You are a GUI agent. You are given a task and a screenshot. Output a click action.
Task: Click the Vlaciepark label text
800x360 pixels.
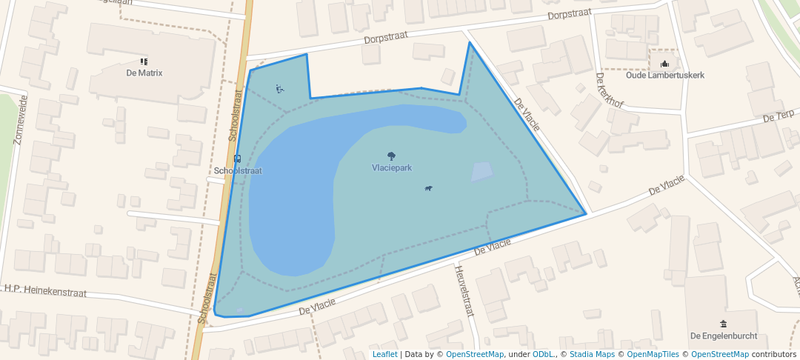(391, 168)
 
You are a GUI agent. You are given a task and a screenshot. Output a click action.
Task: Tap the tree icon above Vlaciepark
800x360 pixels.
(391, 156)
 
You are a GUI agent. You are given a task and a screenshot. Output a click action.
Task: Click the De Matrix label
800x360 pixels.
(144, 73)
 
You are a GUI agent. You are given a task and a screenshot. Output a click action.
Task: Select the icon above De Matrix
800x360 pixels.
(144, 61)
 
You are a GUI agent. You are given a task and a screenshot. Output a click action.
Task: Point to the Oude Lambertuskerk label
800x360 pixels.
(665, 76)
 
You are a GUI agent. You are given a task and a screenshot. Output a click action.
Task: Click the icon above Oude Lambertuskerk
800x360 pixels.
(665, 64)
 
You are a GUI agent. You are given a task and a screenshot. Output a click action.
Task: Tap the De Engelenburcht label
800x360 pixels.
(724, 336)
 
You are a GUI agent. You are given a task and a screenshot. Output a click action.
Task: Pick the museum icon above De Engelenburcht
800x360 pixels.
(724, 324)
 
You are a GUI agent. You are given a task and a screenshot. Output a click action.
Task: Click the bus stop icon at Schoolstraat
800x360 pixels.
(237, 159)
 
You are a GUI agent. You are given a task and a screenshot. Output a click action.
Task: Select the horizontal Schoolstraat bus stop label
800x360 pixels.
(238, 171)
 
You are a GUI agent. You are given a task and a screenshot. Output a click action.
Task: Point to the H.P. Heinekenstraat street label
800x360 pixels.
(45, 291)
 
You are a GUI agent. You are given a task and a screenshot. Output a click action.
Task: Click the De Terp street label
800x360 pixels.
(778, 116)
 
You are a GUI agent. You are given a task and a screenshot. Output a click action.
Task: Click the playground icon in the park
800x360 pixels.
(279, 90)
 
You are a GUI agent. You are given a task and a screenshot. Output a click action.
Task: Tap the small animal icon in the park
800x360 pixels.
(428, 188)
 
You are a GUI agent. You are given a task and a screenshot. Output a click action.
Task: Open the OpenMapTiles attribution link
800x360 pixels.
(647, 354)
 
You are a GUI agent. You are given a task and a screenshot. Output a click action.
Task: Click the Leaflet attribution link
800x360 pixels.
(384, 354)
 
